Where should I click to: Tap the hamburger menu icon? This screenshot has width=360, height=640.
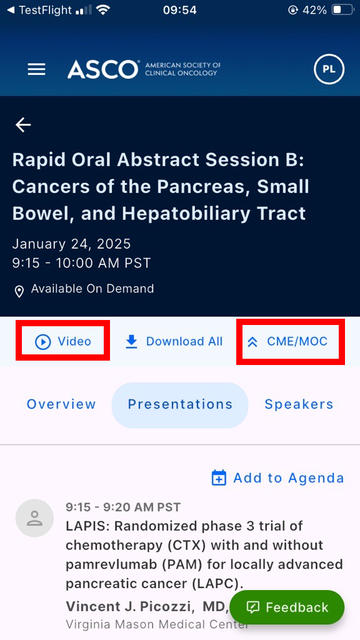(37, 69)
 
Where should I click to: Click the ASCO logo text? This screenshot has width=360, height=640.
(103, 69)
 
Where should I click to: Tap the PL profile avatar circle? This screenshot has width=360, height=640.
(329, 69)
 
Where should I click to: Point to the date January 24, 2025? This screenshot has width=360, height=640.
(71, 244)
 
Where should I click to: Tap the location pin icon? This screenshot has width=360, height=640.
(19, 291)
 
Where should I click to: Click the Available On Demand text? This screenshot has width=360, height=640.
(92, 289)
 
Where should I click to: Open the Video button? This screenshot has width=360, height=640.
(63, 341)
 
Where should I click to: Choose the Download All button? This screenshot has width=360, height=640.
(174, 341)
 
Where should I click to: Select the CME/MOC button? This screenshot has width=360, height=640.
(287, 341)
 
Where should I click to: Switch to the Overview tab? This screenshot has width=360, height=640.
(61, 404)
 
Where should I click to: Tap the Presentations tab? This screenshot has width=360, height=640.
(180, 404)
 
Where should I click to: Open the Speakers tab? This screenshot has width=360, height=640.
(299, 404)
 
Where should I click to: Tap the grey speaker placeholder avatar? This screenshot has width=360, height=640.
(34, 518)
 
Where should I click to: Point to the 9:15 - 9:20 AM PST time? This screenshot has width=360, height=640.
(123, 507)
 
